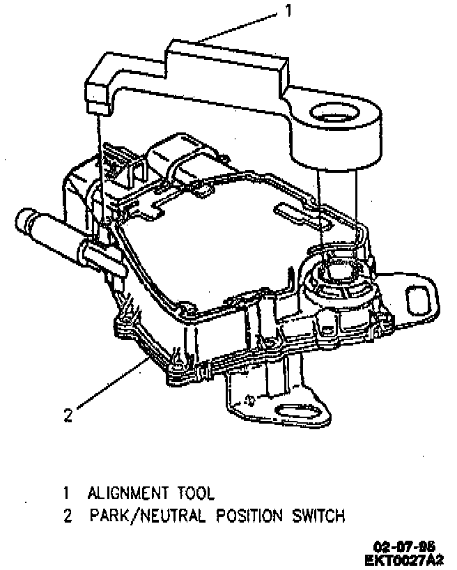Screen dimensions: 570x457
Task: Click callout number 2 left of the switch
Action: tap(68, 416)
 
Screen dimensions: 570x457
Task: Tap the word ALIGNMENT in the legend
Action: tap(127, 493)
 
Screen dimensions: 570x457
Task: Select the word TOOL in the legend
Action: tap(196, 493)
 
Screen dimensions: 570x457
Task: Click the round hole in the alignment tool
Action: tap(338, 113)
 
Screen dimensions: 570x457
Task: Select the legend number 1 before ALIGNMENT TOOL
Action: tap(66, 493)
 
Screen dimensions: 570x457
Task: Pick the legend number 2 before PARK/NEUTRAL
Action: tap(67, 517)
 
